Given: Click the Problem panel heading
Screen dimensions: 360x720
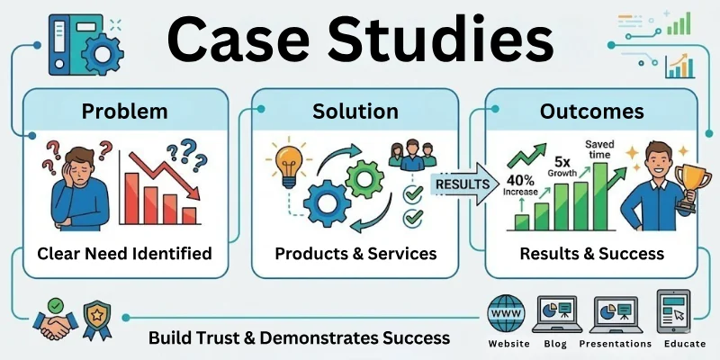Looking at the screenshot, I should coord(124,112).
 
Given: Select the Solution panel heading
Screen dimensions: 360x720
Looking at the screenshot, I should coord(355,112).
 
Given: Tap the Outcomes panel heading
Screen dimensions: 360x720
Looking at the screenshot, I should coord(590,112).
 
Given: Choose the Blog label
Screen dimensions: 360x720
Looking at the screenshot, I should coord(555,344).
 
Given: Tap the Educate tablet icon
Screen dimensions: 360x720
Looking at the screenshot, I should coord(677,311).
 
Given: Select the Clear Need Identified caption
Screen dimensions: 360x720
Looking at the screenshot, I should coord(124,253).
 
